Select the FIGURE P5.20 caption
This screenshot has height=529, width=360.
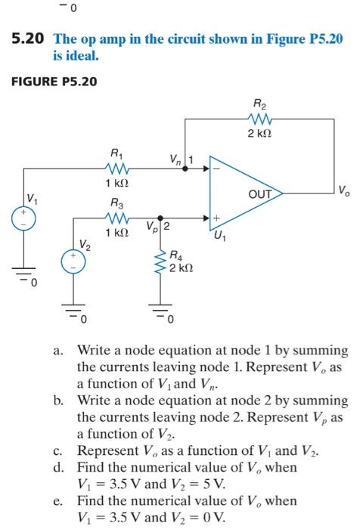[x=54, y=81]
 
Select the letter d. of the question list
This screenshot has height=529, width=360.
[x=58, y=468]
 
